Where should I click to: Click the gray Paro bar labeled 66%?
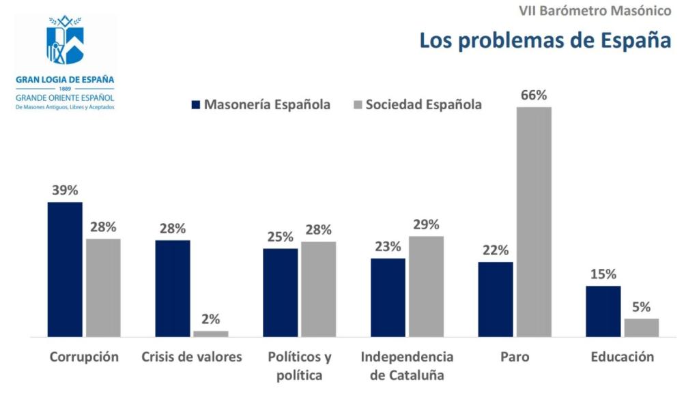(534, 222)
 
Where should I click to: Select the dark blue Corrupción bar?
(65, 270)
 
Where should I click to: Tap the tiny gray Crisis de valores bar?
(211, 334)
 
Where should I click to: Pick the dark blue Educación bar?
(603, 311)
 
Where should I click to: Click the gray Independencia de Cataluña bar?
(426, 287)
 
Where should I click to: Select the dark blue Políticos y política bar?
(281, 293)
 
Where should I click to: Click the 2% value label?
(211, 319)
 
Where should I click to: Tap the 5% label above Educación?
(642, 307)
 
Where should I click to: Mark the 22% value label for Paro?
(496, 250)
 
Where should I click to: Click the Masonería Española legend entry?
(261, 104)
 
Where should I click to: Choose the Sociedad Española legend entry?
(416, 104)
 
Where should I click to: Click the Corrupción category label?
(84, 357)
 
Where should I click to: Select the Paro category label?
(515, 357)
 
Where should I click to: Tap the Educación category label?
(623, 357)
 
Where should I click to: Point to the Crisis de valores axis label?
(192, 357)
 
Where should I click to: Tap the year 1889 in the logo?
(65, 89)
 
